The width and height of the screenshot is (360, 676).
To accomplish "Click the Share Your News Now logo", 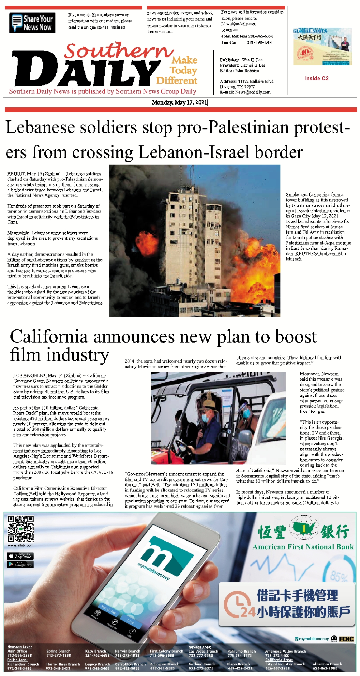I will tap(32, 23).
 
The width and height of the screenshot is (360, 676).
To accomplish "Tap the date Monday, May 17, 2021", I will tap(179, 102).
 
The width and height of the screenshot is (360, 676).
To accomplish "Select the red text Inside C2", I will tap(317, 78).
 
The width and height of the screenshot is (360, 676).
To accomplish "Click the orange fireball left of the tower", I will tap(143, 240).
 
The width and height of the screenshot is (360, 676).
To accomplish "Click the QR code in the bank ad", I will tap(21, 529).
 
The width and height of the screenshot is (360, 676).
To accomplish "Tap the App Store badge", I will tap(20, 556).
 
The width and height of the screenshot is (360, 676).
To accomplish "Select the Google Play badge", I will tap(20, 564).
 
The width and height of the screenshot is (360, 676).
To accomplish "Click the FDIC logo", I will tap(346, 639).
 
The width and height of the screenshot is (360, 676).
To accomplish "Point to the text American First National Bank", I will tap(303, 547).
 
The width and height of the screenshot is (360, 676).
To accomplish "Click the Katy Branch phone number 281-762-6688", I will tap(97, 655).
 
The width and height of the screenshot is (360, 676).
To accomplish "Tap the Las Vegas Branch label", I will tap(203, 651).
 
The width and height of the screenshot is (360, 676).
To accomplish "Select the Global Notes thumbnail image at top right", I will tap(322, 46).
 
